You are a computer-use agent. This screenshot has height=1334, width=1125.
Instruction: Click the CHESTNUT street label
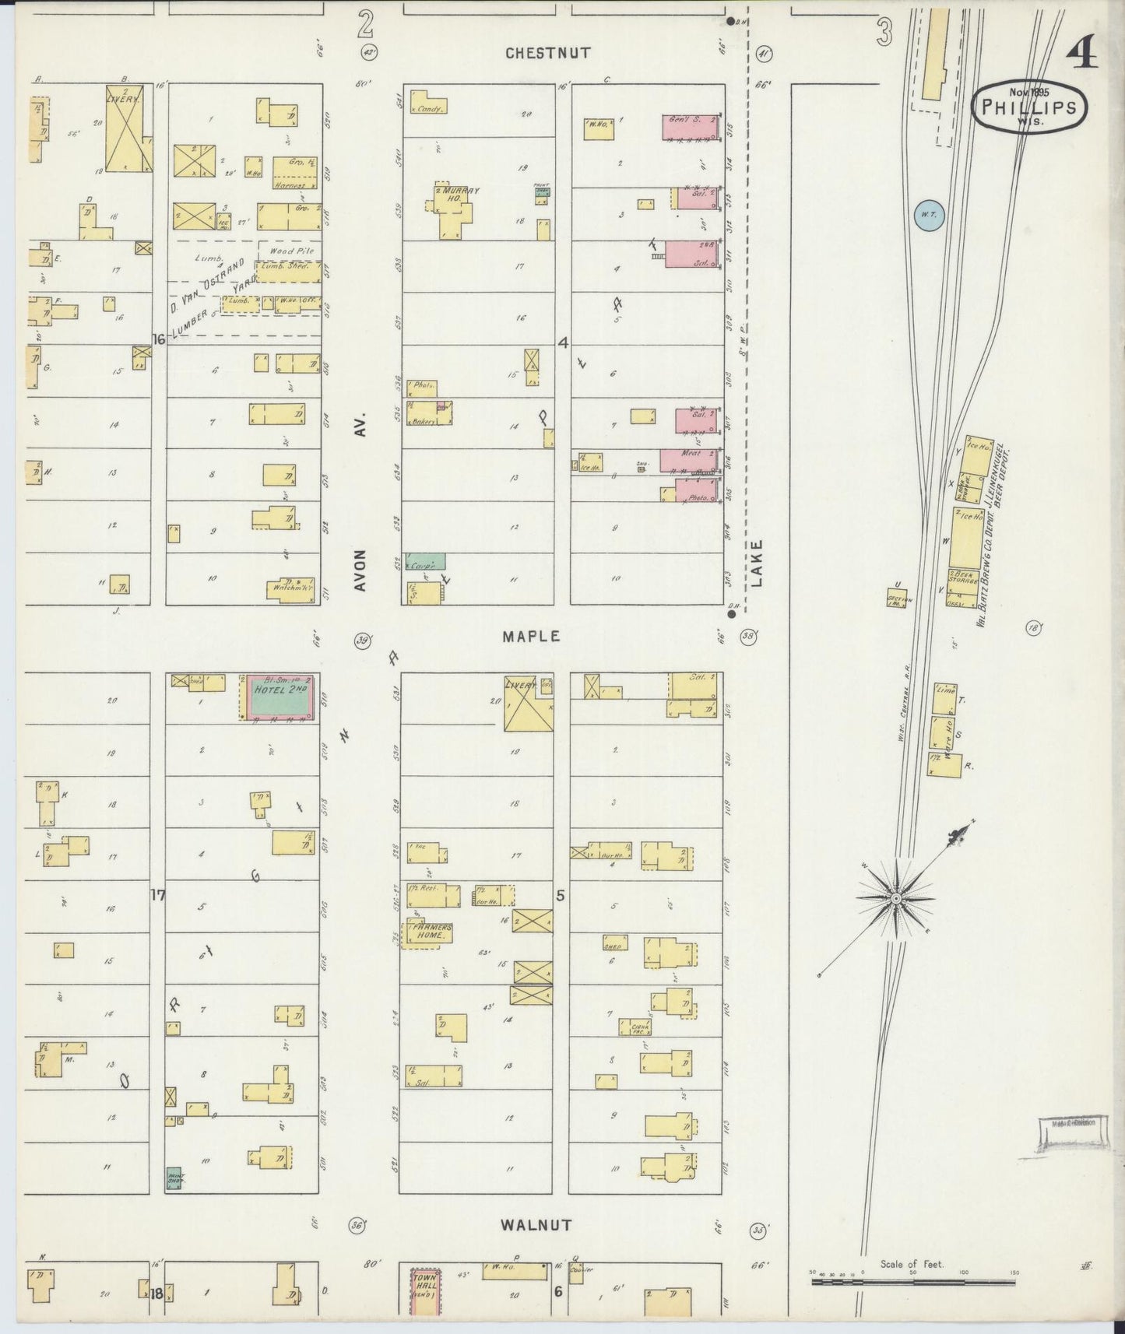(547, 53)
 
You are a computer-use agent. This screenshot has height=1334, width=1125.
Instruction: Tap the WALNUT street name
(536, 1224)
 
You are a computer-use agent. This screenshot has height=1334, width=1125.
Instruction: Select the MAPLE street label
(531, 636)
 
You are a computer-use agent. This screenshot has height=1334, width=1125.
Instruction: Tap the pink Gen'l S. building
(689, 128)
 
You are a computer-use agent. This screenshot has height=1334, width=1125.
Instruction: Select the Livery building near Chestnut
(129, 128)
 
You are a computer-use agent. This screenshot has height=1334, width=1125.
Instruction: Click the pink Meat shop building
(688, 459)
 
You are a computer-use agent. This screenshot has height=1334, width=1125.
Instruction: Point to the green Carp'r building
(424, 560)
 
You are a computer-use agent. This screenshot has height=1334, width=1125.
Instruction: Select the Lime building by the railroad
(944, 698)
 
